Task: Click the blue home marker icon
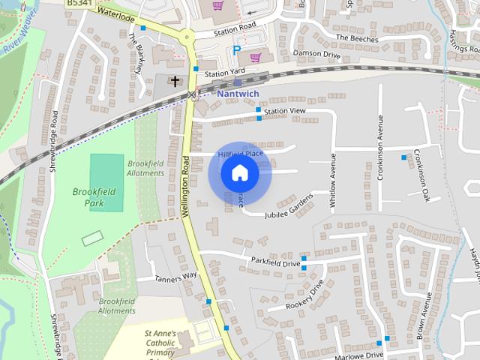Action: pyautogui.click(x=239, y=173)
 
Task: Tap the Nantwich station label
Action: pyautogui.click(x=238, y=94)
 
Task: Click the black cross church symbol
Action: pyautogui.click(x=175, y=80)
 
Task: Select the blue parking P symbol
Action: pyautogui.click(x=237, y=51)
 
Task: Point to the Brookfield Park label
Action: pyautogui.click(x=94, y=197)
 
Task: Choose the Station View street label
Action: pyautogui.click(x=286, y=111)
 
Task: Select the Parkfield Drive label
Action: pyautogui.click(x=275, y=263)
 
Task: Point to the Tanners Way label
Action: pyautogui.click(x=175, y=277)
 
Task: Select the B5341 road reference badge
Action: pyautogui.click(x=79, y=4)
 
